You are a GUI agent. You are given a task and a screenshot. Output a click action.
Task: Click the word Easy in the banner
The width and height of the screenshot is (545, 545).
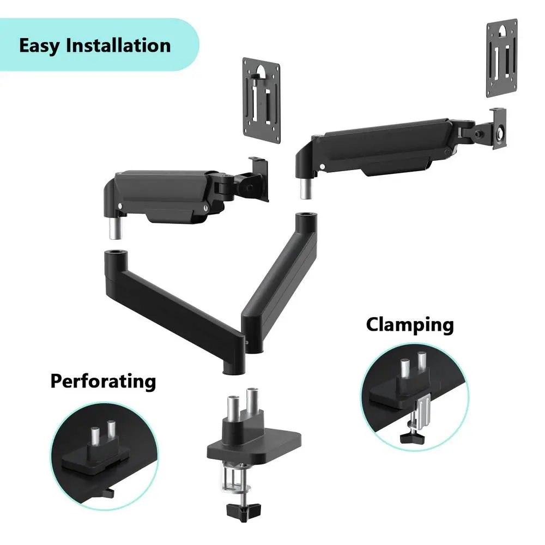[x=39, y=46]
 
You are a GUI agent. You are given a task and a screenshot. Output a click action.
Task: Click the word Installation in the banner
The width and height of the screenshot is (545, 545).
[x=118, y=45]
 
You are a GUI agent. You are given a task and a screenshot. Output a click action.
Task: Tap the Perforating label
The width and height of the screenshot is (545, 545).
[x=103, y=381]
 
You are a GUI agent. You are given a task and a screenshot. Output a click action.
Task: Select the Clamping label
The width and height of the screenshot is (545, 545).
[x=410, y=325]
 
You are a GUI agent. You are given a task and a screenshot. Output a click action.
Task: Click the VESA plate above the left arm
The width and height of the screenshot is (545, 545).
[x=262, y=100]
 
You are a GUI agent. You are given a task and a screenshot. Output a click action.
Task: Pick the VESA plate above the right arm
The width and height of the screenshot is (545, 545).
[x=501, y=58]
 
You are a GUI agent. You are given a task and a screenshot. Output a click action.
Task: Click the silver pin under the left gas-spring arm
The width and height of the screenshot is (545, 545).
[x=116, y=228]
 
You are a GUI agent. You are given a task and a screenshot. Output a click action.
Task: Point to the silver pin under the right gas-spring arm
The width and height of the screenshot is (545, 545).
[x=306, y=189]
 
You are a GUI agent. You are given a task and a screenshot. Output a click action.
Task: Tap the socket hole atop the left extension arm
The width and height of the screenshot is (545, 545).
[x=116, y=251]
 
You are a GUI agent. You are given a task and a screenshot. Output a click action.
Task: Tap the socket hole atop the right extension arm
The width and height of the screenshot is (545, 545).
[x=306, y=214]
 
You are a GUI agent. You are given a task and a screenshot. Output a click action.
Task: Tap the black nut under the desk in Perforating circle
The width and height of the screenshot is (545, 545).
[x=110, y=492]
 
